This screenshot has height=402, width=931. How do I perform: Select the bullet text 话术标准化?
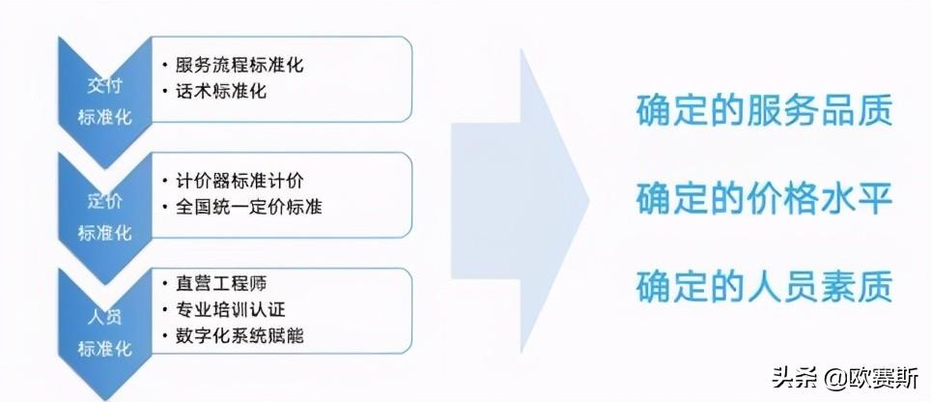point(221,92)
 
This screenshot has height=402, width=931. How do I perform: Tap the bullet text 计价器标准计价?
point(240,181)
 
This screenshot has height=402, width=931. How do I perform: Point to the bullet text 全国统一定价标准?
point(248,207)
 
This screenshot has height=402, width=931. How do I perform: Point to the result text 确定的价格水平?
point(763,198)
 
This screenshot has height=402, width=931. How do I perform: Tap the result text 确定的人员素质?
point(763,286)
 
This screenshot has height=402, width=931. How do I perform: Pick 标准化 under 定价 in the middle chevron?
point(104,234)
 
